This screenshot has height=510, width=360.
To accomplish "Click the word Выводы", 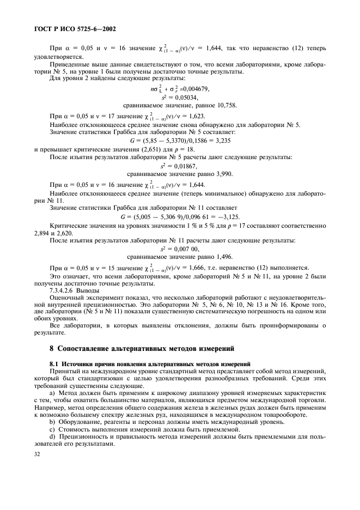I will [91, 290].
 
